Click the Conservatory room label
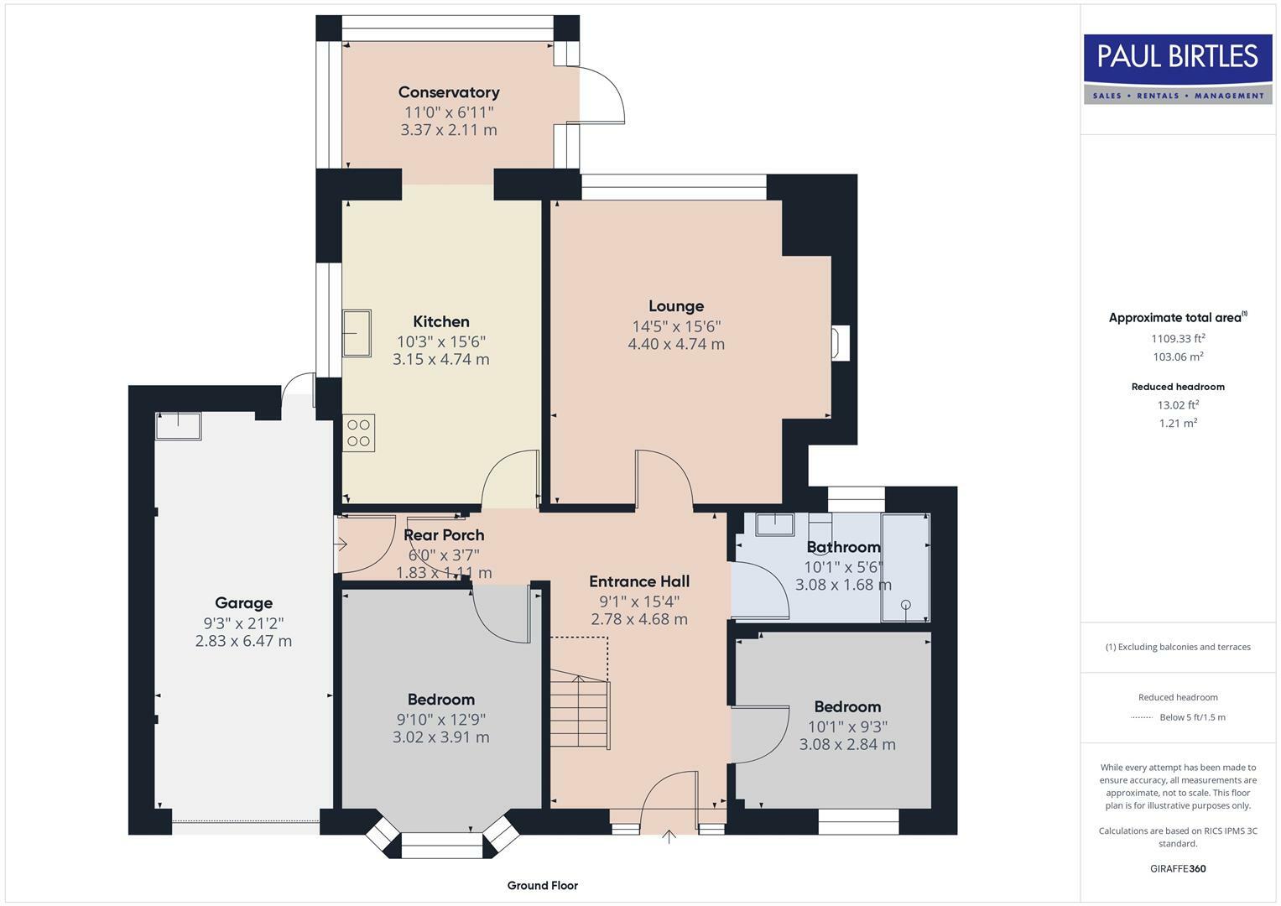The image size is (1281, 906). click(x=448, y=92)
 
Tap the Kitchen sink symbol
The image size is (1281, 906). click(x=357, y=333)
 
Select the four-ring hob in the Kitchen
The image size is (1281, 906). click(x=358, y=433)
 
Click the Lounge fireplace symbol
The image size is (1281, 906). click(x=840, y=343)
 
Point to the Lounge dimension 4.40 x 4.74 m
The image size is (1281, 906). click(x=675, y=344)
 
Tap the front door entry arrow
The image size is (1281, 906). click(x=669, y=836)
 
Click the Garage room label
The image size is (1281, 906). click(x=243, y=602)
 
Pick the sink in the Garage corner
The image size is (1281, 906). click(x=178, y=426)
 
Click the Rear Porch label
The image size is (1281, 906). click(x=444, y=535)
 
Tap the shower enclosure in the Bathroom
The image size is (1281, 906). click(x=905, y=568)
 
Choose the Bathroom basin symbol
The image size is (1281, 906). click(x=775, y=524)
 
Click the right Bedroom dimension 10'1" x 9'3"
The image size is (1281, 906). click(x=847, y=726)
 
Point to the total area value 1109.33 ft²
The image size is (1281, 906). click(x=1177, y=339)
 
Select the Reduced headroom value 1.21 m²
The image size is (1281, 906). click(x=1177, y=424)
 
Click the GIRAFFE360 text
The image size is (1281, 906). click(x=1177, y=868)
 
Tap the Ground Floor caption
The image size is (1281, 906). click(x=542, y=885)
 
